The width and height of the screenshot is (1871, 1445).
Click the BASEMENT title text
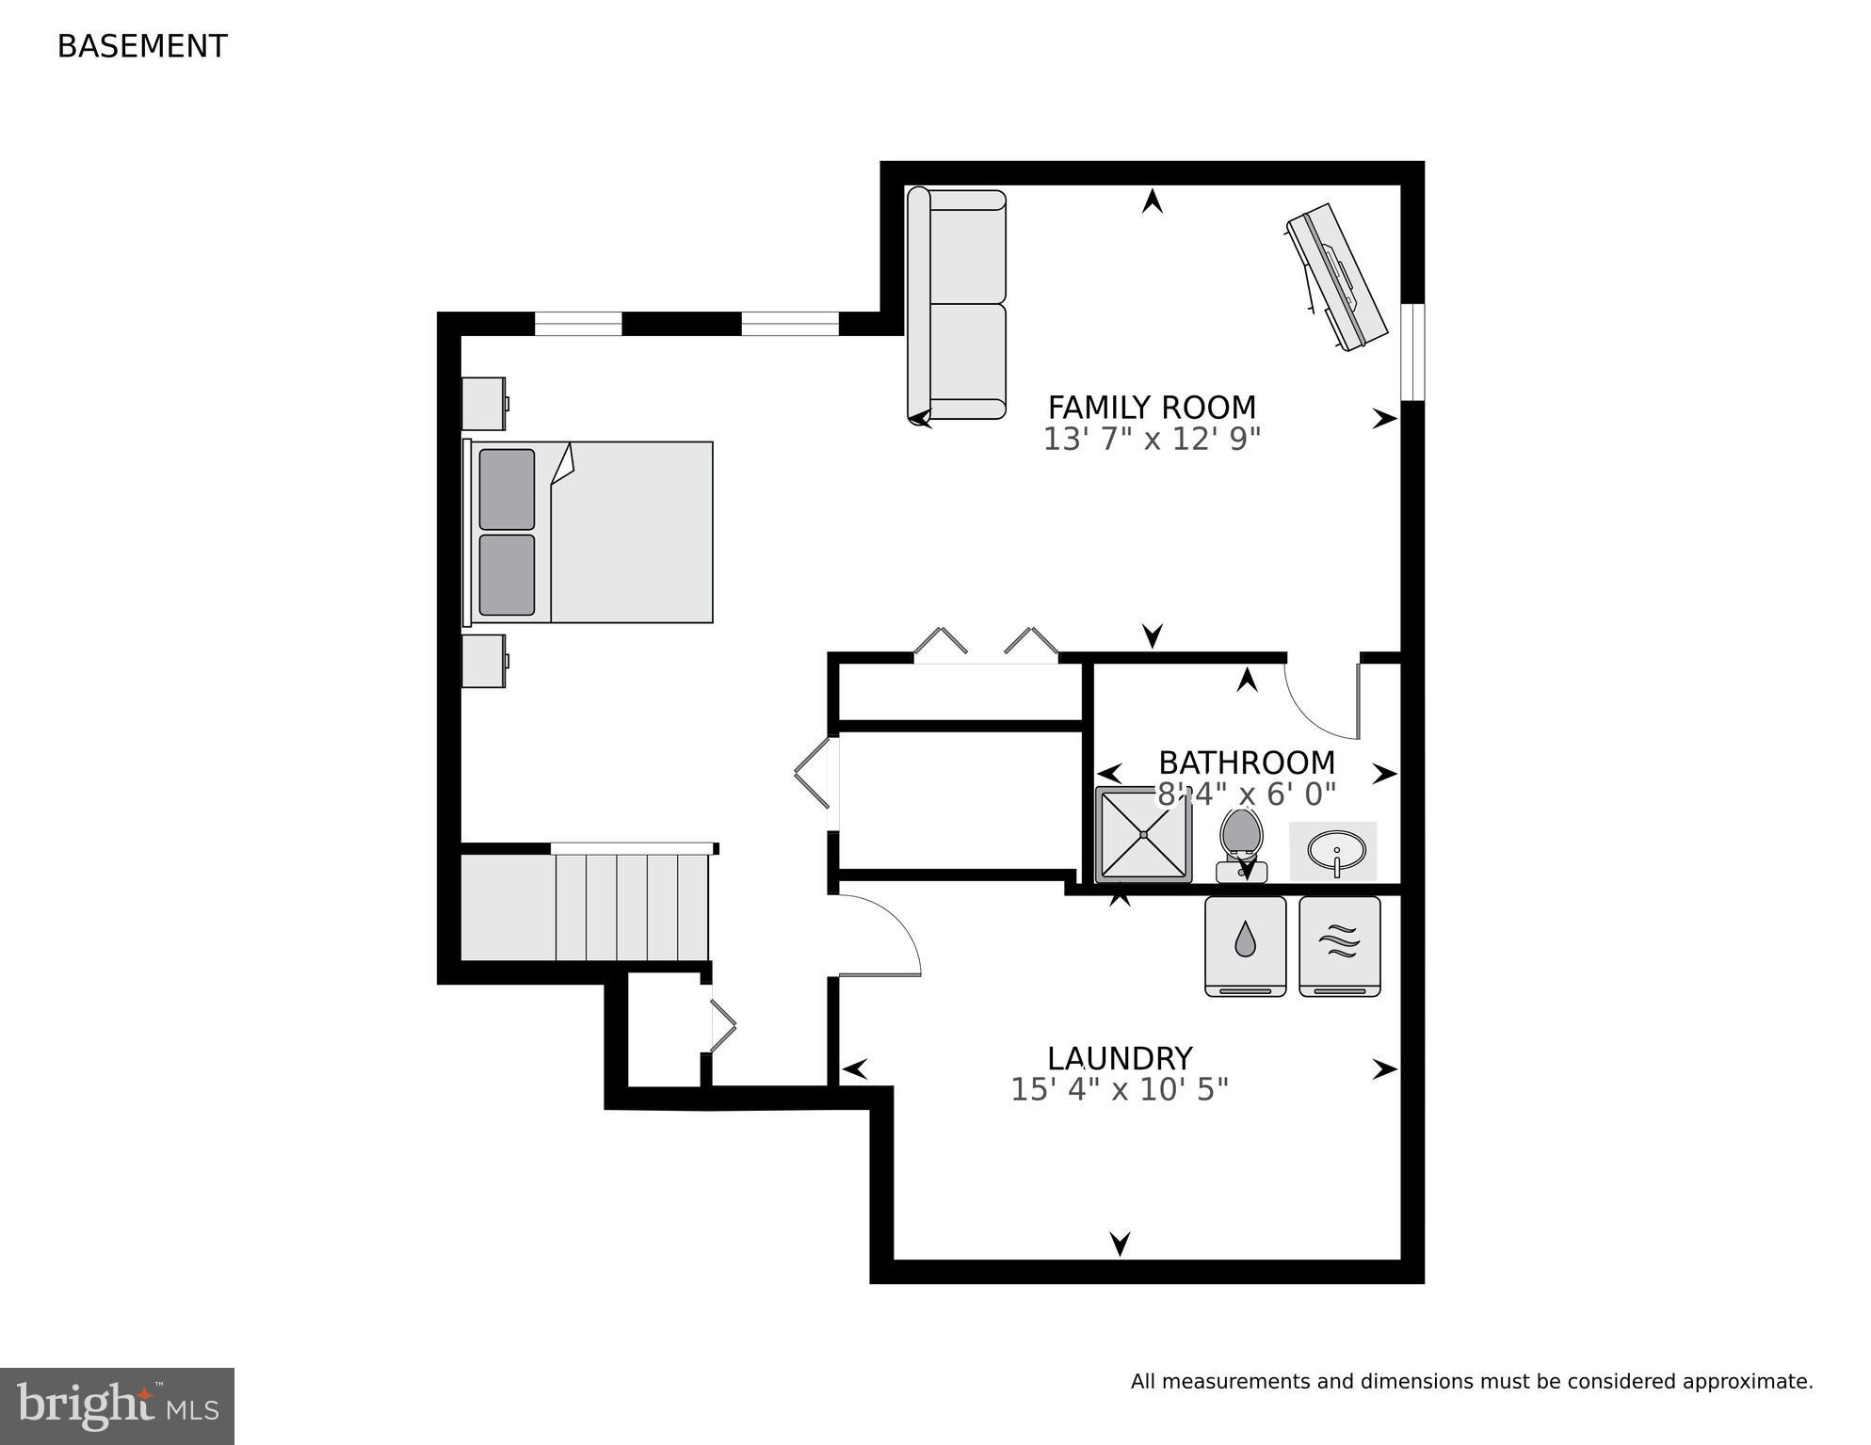[142, 46]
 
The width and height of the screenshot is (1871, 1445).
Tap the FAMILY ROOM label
[1152, 408]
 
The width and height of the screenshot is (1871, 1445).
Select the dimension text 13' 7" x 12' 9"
[1152, 440]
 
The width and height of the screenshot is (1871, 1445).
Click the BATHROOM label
[1247, 763]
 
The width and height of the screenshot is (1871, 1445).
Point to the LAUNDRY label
[1120, 1058]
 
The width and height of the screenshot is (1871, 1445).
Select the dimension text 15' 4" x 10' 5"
[1120, 1090]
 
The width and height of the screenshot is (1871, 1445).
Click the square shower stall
[1144, 835]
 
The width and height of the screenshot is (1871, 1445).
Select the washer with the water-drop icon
[1245, 945]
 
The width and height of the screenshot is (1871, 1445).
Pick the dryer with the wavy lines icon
[1339, 945]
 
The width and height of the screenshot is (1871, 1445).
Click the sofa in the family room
[957, 304]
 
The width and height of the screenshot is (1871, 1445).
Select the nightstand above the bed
[484, 404]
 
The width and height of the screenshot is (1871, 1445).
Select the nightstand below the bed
[484, 661]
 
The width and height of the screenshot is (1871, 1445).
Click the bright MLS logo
[117, 1405]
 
